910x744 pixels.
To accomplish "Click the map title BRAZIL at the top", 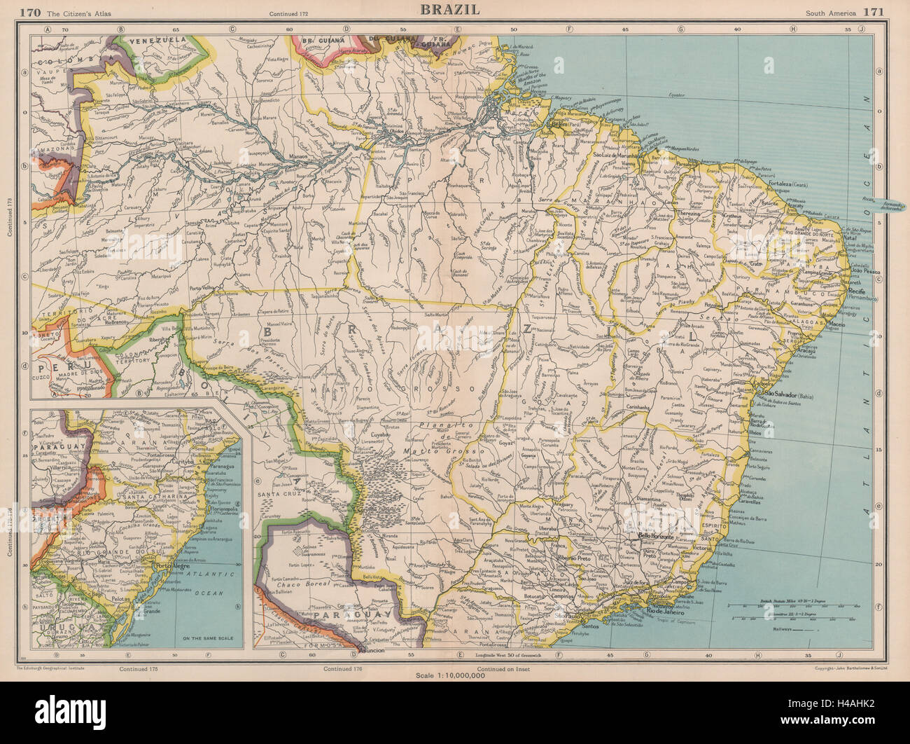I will tap(449, 9).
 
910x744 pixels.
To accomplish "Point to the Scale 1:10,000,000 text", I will tap(454, 674).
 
